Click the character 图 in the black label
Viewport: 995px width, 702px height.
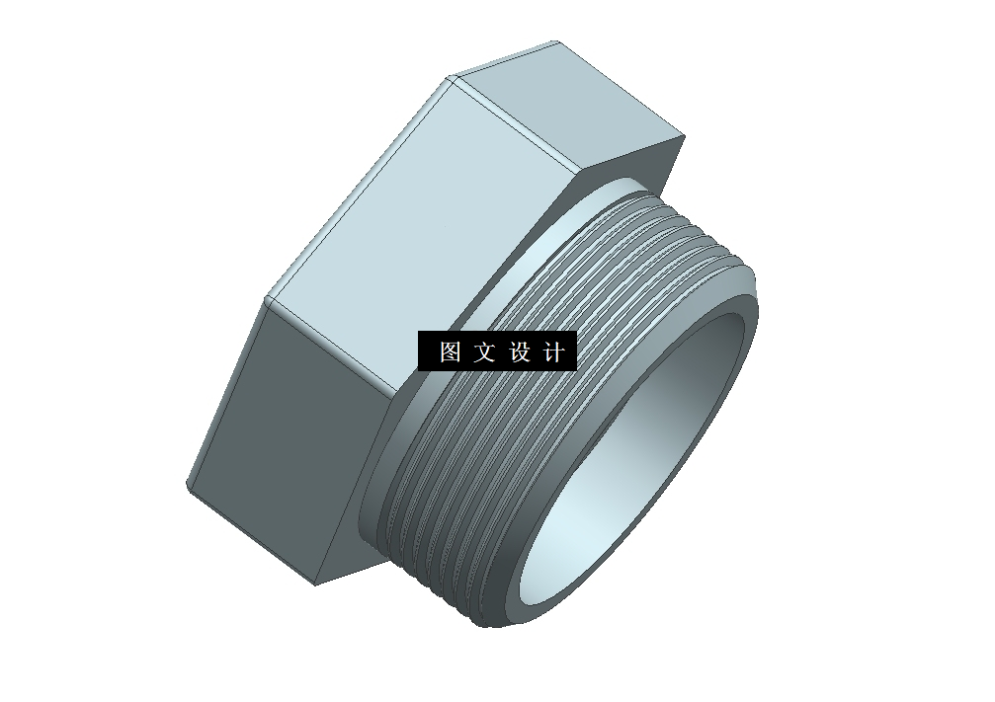click(x=451, y=352)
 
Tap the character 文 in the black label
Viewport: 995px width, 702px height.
click(x=484, y=352)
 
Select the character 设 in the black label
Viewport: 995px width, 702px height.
click(x=521, y=352)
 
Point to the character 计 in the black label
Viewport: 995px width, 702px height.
click(x=554, y=352)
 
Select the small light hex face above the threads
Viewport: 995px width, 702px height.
click(x=573, y=109)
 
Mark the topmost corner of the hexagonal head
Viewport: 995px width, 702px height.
click(x=556, y=41)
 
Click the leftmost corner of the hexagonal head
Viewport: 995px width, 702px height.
click(x=187, y=485)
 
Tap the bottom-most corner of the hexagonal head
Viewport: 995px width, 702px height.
click(x=316, y=584)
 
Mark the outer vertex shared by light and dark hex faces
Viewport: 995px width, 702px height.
click(x=266, y=298)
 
